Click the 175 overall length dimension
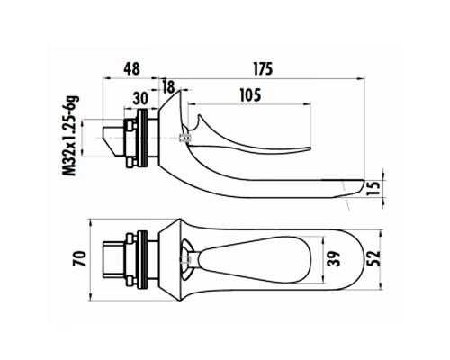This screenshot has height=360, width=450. click(263, 68)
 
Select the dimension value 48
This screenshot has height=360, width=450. click(131, 68)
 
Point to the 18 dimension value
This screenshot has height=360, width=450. click(168, 86)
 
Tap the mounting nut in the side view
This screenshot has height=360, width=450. click(138, 140)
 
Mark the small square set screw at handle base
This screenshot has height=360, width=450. click(184, 139)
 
